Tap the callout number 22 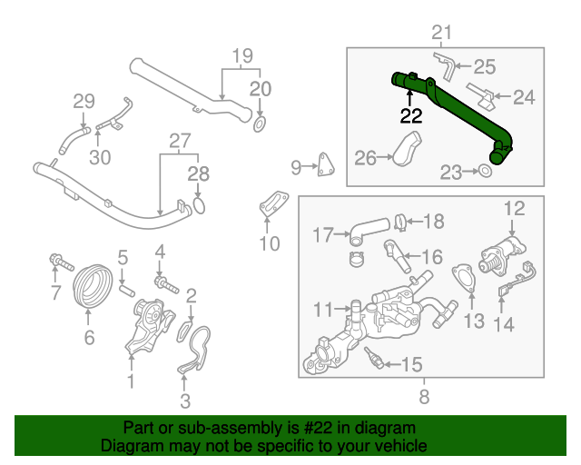(411, 115)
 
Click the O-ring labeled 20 (260, 123)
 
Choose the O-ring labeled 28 (198, 206)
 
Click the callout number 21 (441, 34)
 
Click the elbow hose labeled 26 (407, 150)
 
